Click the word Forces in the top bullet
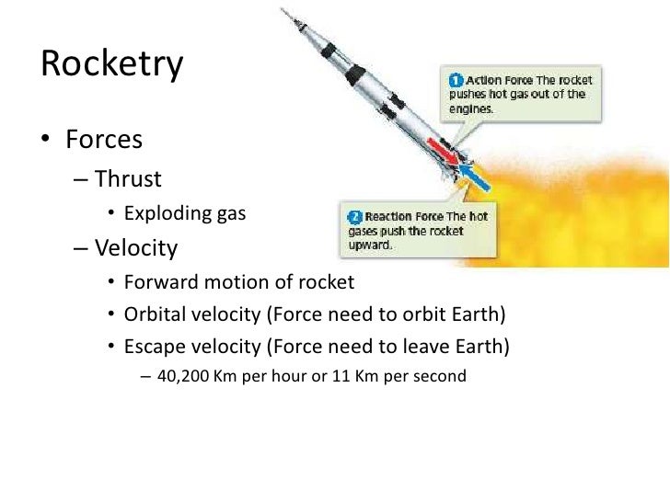(104, 140)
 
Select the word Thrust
(128, 177)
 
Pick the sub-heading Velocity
(135, 248)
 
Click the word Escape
(154, 347)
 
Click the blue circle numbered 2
(353, 216)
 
